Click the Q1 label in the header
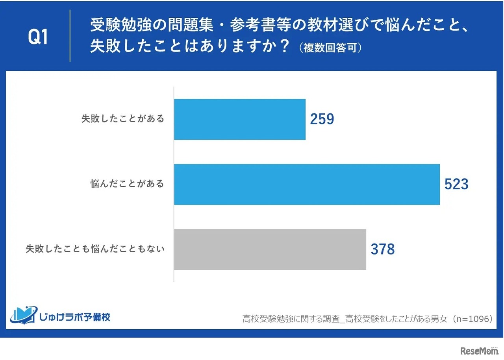pos(38,37)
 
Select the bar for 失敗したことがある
pos(239,119)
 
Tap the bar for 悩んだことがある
pos(307,185)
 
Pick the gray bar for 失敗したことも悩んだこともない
pos(270,249)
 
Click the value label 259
pos(322,119)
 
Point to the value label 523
pos(456,185)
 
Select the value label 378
pos(382,249)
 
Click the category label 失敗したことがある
pos(123,119)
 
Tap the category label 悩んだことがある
pos(127,184)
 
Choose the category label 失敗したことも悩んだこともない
pos(95,249)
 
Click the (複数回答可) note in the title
pos(330,48)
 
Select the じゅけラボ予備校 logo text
pos(75,317)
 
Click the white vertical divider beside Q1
pos(70,36)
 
